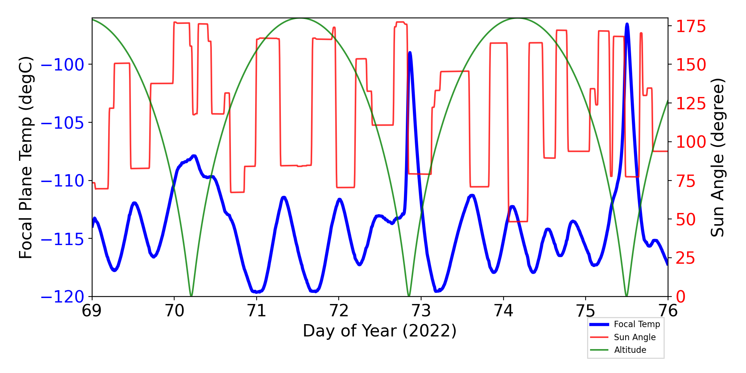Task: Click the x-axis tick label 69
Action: pyautogui.click(x=91, y=311)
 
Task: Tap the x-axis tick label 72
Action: pyautogui.click(x=339, y=311)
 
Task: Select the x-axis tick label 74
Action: pyautogui.click(x=503, y=311)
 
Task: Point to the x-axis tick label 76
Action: pyautogui.click(x=668, y=311)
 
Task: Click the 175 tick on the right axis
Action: pyautogui.click(x=691, y=27)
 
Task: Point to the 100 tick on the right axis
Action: pyautogui.click(x=691, y=142)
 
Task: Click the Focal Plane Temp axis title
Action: pyautogui.click(x=26, y=157)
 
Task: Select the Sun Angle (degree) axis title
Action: pyautogui.click(x=717, y=157)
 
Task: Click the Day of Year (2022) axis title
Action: pyautogui.click(x=380, y=331)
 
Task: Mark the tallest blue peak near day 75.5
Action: pyautogui.click(x=627, y=25)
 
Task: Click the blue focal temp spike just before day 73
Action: pyautogui.click(x=410, y=53)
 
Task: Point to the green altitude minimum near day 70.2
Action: pyautogui.click(x=191, y=295)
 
